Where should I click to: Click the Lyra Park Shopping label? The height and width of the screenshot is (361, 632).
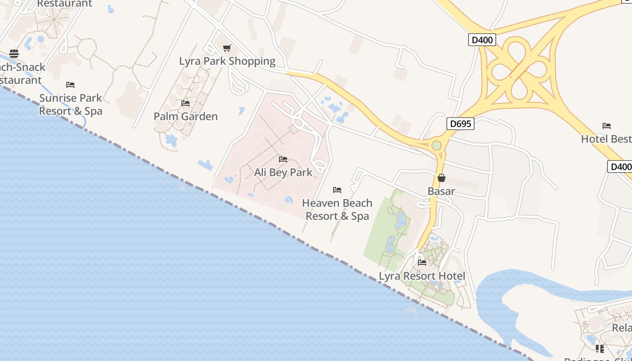(227, 61)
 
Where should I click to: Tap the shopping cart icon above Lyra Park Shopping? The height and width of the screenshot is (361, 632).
(227, 48)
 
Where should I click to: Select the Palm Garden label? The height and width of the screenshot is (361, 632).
(186, 116)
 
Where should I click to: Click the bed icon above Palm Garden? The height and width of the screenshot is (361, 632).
(186, 103)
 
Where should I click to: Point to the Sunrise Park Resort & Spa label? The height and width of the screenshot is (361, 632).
(70, 104)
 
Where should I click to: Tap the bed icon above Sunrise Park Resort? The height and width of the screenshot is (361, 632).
(70, 84)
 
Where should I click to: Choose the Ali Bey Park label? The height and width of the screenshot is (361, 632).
(283, 172)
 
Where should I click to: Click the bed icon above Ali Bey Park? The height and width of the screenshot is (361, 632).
(283, 159)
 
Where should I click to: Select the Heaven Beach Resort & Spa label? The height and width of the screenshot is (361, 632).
(337, 209)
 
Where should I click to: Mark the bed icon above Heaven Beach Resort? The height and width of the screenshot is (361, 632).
(337, 190)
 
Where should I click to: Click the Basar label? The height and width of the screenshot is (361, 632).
(441, 191)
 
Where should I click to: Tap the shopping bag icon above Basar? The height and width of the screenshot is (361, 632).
(441, 178)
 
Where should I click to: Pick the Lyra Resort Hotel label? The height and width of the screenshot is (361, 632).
(422, 276)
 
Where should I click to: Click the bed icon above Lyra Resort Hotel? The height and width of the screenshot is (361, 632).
(422, 262)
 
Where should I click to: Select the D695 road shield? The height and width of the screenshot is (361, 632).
(460, 124)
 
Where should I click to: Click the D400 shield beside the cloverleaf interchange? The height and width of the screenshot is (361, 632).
(482, 40)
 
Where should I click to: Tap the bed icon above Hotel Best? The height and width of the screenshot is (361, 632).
(607, 125)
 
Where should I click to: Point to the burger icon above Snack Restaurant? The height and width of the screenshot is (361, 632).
(14, 54)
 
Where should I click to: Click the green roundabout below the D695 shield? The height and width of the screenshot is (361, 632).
(437, 145)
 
